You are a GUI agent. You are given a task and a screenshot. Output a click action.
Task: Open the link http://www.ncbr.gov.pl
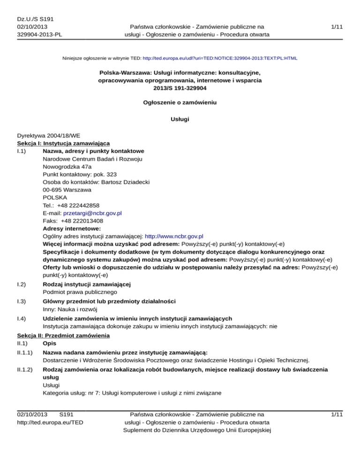click(174, 236)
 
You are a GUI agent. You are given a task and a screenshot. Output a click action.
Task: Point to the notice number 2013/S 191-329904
click(180, 88)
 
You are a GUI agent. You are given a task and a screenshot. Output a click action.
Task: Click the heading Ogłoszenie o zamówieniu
click(180, 102)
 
